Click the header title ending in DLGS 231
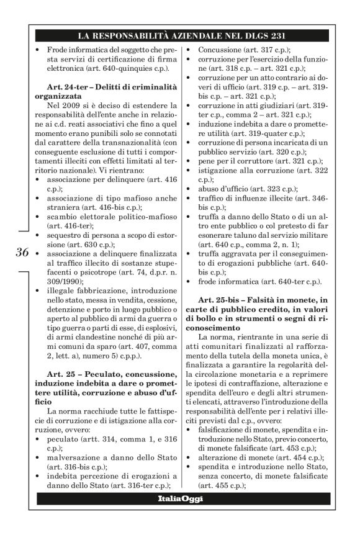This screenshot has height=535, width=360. pos(180,35)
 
